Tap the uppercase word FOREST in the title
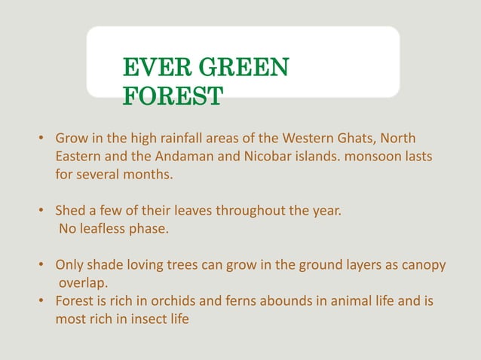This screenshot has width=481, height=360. [x=173, y=96]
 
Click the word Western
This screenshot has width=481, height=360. [x=306, y=139]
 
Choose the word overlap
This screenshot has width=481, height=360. [x=83, y=284]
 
